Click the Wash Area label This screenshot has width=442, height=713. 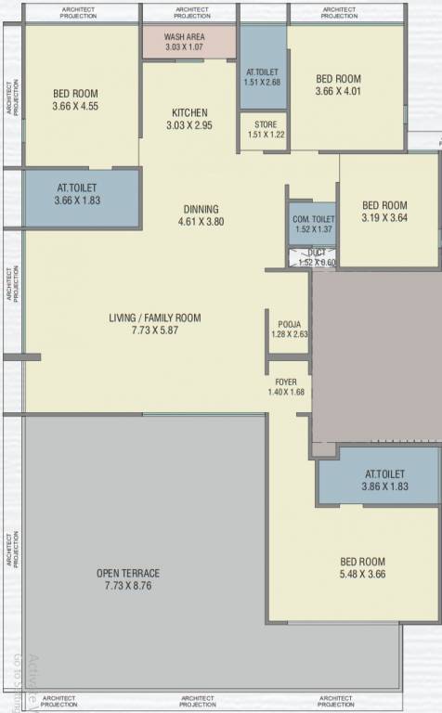186,36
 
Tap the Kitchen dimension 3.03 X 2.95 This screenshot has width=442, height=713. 189,125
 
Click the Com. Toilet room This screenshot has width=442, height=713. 312,222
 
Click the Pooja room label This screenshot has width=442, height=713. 289,323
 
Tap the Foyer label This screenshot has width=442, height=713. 285,382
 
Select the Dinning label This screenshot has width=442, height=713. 201,209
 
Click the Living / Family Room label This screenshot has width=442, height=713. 154,318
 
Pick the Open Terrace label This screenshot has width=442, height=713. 128,573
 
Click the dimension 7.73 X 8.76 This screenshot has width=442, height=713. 128,586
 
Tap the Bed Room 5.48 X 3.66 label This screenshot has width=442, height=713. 362,562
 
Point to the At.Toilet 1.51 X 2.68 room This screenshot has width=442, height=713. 263,76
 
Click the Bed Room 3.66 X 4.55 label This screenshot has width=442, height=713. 75,94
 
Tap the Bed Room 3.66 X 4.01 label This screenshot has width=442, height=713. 338,79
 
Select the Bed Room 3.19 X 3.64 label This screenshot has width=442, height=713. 384,205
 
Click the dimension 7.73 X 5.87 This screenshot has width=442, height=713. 154,331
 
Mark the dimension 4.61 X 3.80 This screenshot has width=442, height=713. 201,222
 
